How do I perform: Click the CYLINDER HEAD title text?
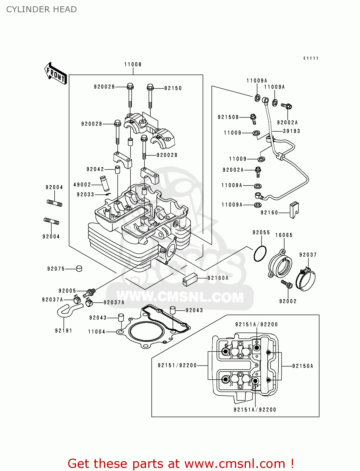[41, 9]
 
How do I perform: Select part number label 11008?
[133, 64]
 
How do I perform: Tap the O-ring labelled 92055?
[260, 253]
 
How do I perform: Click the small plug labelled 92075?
[79, 268]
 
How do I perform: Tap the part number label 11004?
[97, 332]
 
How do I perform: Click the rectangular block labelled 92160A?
[190, 279]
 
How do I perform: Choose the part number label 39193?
[291, 131]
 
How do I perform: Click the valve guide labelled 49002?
[104, 184]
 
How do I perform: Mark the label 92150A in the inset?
[303, 366]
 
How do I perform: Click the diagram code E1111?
[311, 58]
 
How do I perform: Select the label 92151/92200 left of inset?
[177, 365]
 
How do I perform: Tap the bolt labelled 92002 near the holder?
[287, 284]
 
